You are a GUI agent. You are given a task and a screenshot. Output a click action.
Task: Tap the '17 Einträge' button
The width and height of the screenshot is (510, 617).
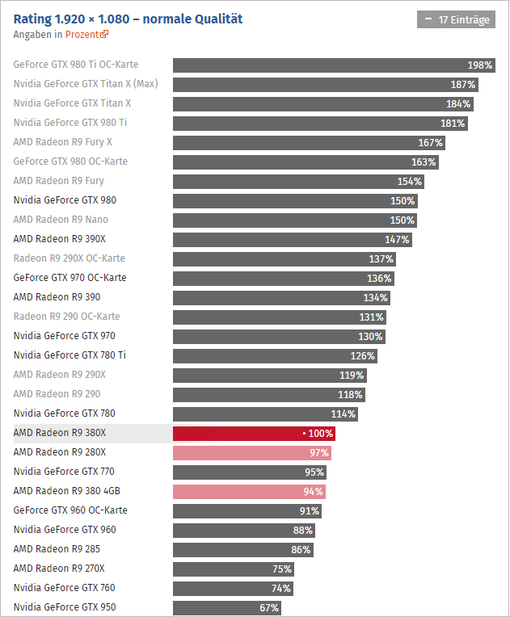coord(456,19)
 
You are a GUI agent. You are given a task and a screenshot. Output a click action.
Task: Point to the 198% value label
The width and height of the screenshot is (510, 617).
coord(480,65)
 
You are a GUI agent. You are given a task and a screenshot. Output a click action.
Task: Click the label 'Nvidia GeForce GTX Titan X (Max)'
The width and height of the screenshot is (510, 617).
coord(86,84)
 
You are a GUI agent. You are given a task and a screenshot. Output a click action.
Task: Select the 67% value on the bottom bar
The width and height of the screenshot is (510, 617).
coord(269,607)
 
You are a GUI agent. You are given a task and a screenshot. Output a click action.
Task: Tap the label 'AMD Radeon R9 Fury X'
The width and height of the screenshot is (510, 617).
coord(63,142)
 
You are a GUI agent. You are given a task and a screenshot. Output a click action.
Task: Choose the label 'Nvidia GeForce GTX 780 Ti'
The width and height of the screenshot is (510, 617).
coord(70,355)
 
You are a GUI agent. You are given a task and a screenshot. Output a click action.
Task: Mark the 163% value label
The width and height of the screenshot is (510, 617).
coord(424,162)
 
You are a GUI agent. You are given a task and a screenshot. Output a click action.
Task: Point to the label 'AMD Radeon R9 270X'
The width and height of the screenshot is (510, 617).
coord(59,569)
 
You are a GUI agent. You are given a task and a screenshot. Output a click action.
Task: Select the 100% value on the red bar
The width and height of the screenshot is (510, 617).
coord(321,433)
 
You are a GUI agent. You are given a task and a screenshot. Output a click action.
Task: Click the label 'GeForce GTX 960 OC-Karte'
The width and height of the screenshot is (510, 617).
coord(70,510)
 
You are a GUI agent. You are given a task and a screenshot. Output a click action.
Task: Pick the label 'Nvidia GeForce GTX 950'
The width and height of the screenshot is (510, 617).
coord(65,607)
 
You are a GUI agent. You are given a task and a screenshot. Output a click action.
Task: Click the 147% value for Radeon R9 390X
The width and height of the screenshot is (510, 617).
coord(397,239)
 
